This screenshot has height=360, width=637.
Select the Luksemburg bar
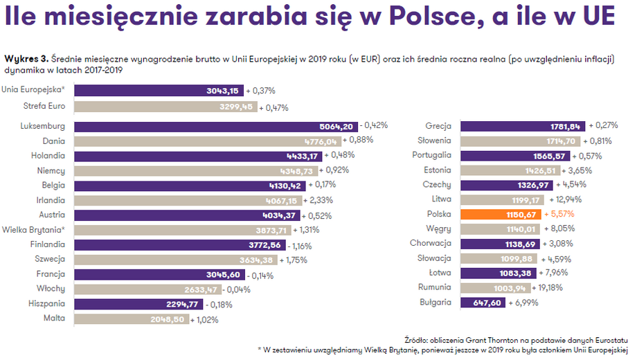click(x=215, y=127)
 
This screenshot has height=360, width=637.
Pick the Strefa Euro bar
click(x=165, y=107)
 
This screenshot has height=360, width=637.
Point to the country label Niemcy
click(x=51, y=170)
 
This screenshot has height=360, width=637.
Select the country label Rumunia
click(x=435, y=287)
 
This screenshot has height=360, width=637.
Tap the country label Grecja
click(x=438, y=126)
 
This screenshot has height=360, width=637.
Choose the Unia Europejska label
click(x=33, y=89)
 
